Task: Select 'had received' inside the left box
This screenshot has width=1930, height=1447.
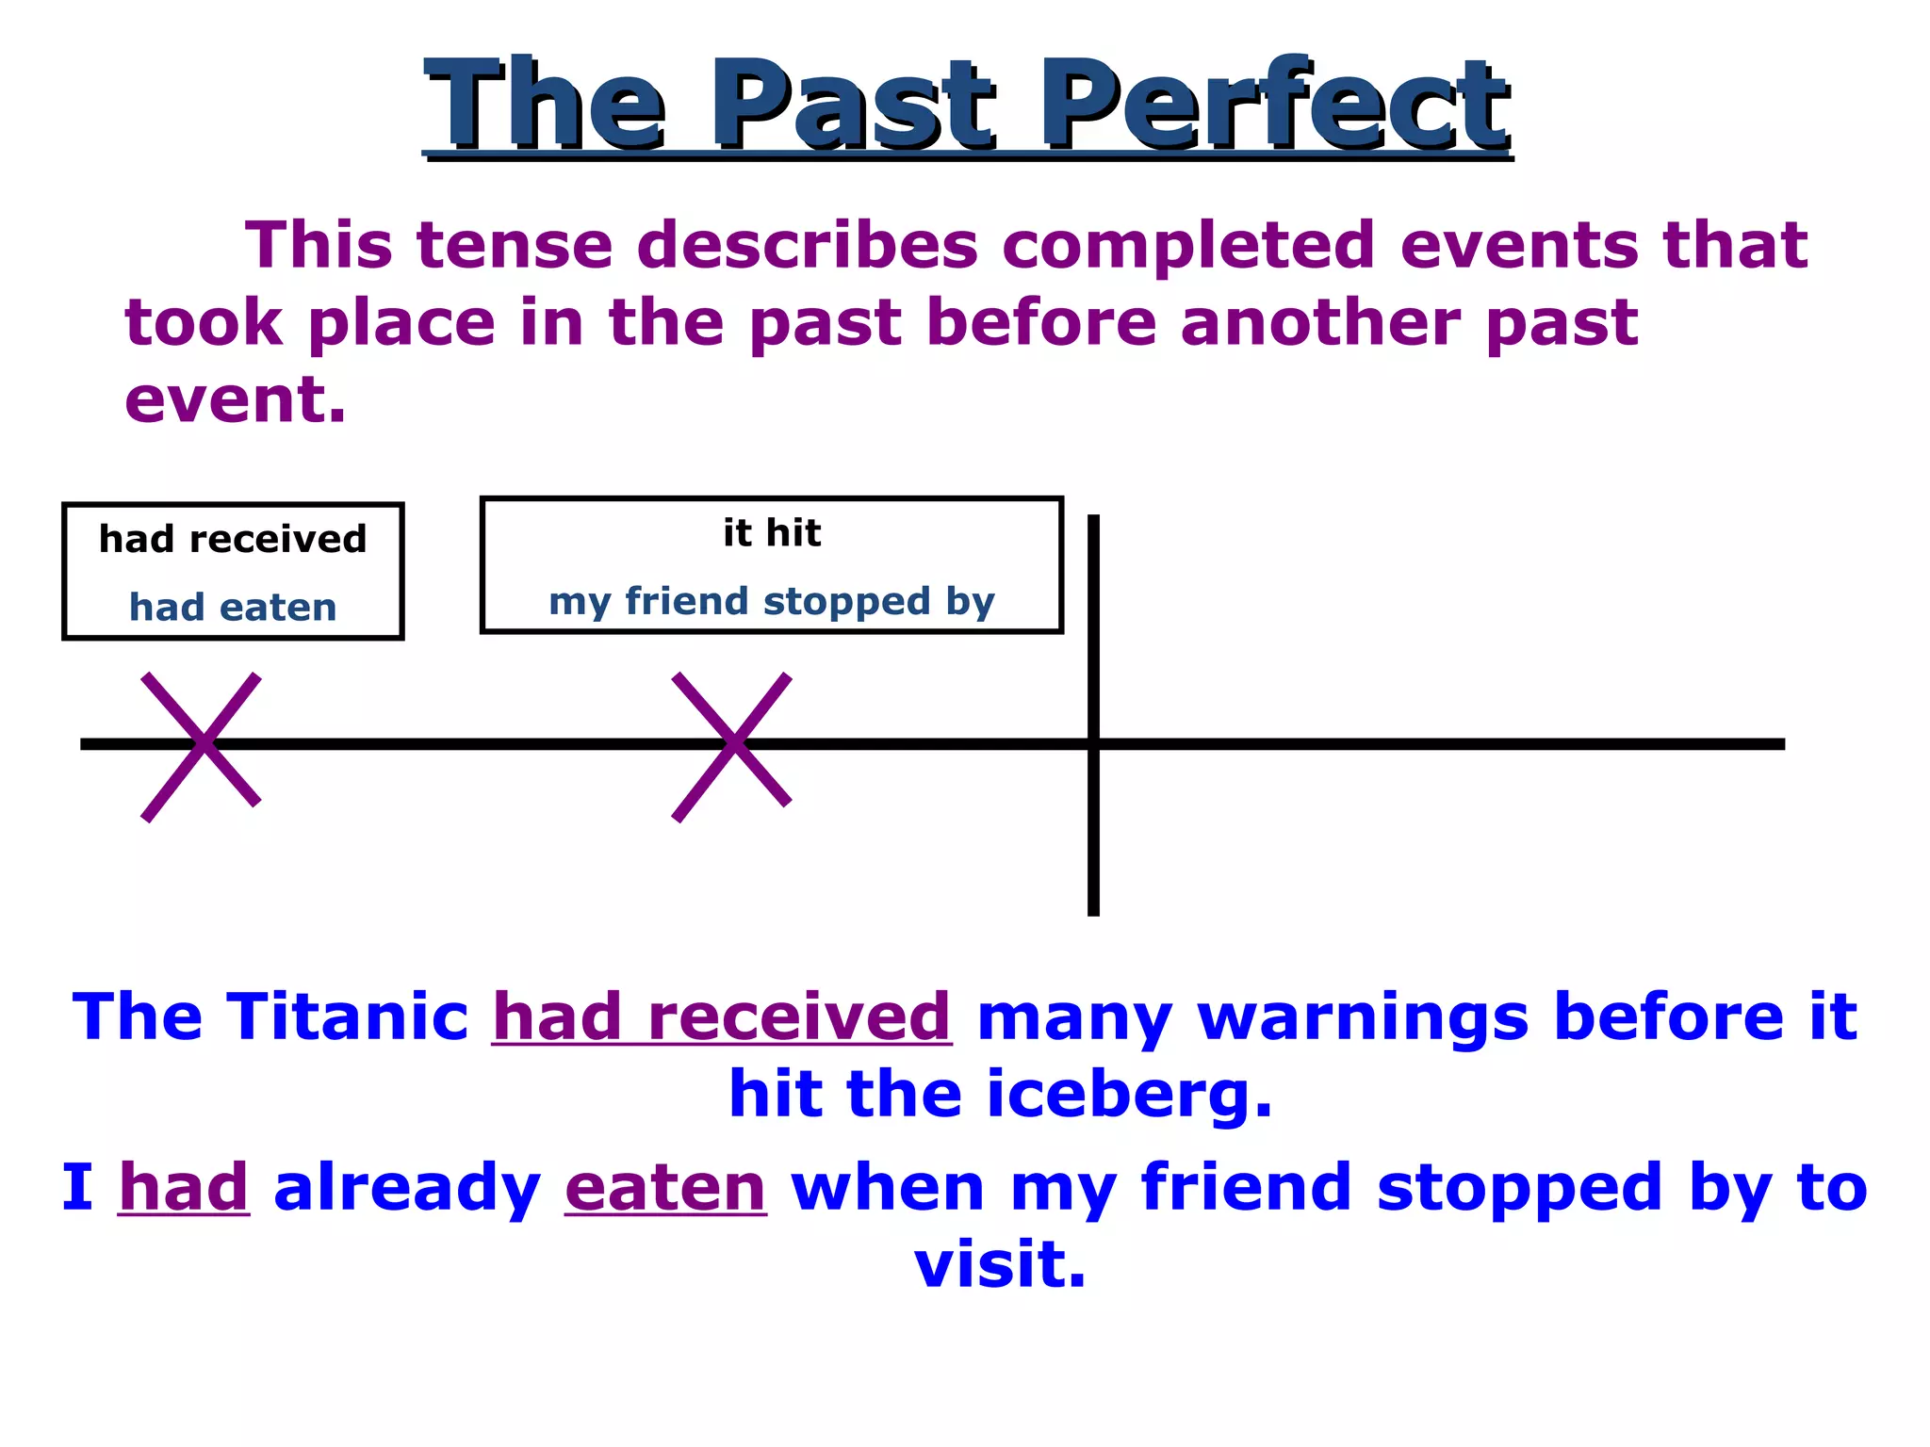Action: [x=233, y=540]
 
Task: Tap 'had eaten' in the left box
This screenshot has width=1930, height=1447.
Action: [x=233, y=608]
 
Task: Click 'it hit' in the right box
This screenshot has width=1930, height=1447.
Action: [x=772, y=533]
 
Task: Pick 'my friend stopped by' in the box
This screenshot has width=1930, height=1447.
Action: [x=772, y=601]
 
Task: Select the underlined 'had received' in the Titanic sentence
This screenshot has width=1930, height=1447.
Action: [x=722, y=1017]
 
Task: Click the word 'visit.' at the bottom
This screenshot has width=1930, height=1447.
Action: [x=1000, y=1264]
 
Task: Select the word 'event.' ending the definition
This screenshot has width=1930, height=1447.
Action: [x=236, y=399]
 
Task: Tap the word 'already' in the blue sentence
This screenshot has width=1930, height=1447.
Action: [x=407, y=1189]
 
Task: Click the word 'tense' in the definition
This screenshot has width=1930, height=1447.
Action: [x=515, y=245]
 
